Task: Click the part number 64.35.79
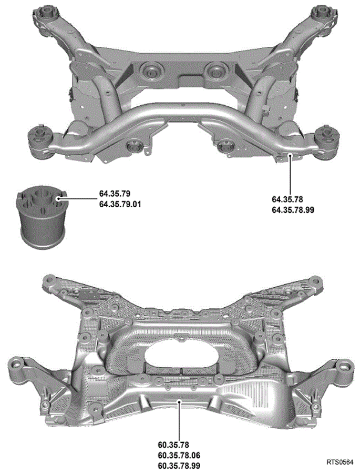tap(115, 194)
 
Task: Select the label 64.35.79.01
tap(120, 204)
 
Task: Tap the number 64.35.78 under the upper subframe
tap(287, 199)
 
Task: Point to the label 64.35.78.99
tap(293, 210)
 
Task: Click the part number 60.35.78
tap(173, 445)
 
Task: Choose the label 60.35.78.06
tap(179, 456)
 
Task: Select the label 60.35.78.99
tap(179, 466)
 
